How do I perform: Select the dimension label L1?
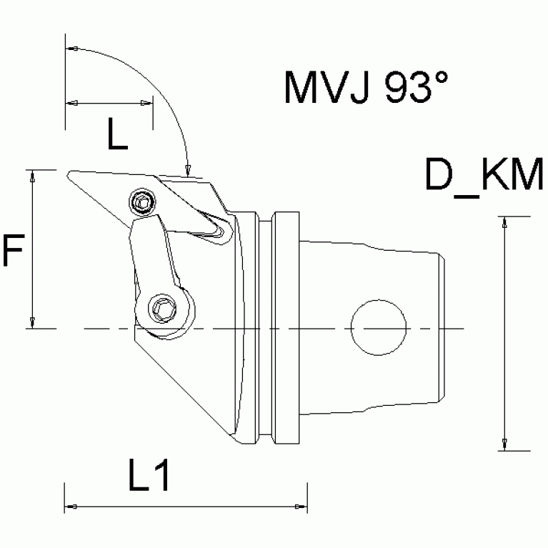149,477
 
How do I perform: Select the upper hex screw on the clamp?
143,203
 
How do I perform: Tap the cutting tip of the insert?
69,174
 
